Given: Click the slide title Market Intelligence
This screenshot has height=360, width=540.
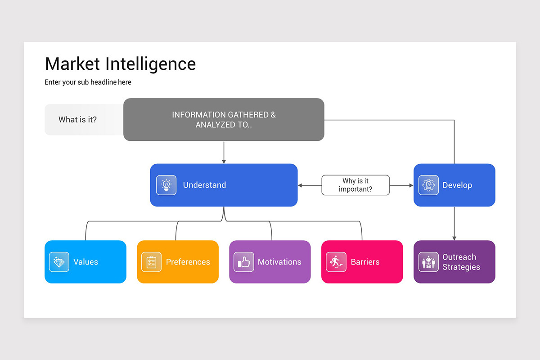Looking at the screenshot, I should point(120,64).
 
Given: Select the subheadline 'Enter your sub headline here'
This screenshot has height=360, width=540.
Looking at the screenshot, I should point(88,82).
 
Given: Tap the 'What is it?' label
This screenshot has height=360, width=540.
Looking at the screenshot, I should point(77,120).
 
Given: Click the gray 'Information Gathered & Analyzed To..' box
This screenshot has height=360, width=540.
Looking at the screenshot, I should point(224,120).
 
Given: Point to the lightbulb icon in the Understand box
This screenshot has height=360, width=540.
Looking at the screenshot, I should point(166,185).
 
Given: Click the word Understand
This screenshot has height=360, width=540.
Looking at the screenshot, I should point(204,185).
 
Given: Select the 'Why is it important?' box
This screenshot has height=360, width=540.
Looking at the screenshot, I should point(355,185).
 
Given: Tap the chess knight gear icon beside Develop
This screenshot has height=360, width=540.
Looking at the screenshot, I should point(428,185).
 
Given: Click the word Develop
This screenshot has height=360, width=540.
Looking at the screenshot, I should point(457,185).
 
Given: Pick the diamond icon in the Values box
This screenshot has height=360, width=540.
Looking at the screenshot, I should point(59,262).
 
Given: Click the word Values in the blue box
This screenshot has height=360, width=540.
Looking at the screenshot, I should point(85,262).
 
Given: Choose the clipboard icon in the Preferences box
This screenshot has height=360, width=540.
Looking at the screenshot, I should point(151,262).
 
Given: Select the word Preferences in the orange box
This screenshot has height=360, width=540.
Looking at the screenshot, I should point(188,262).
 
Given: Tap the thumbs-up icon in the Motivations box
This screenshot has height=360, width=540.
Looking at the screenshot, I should point(243,262).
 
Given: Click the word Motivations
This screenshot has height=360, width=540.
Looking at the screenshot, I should point(279,262).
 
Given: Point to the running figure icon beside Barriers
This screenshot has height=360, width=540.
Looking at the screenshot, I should point(336,262).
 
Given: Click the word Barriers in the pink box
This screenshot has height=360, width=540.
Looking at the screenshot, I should point(365,262).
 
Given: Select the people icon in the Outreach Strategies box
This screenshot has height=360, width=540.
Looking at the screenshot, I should point(428,262).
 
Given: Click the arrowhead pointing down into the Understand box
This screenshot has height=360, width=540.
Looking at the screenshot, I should point(224,161).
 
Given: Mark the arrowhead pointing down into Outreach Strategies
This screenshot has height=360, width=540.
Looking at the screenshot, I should point(454,238).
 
